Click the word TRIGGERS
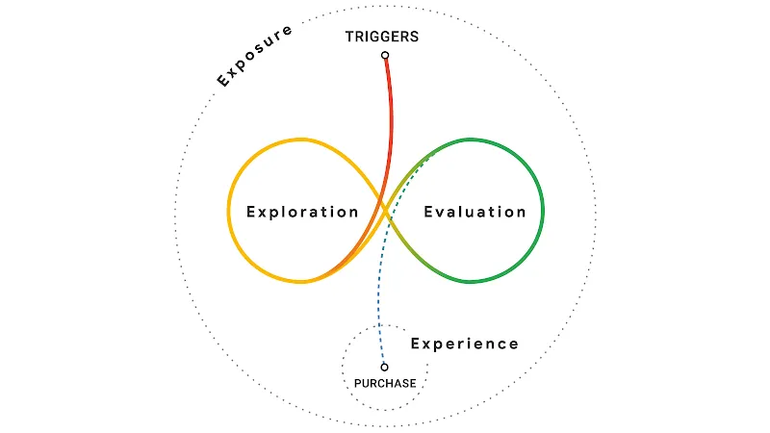pos(382,38)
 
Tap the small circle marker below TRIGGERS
pos(385,56)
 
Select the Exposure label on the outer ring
pos(254,56)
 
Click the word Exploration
pos(302,212)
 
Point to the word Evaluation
pos(475,212)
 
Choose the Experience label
pos(465,344)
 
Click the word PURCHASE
pos(385,383)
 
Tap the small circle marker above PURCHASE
pos(384,367)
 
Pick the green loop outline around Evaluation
pos(543,210)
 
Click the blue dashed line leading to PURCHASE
pos(382,308)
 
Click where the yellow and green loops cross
pos(385,211)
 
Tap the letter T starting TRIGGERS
pos(348,38)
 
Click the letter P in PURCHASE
pos(357,383)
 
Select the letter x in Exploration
pos(261,212)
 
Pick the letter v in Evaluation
pos(438,212)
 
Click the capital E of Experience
pos(416,344)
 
